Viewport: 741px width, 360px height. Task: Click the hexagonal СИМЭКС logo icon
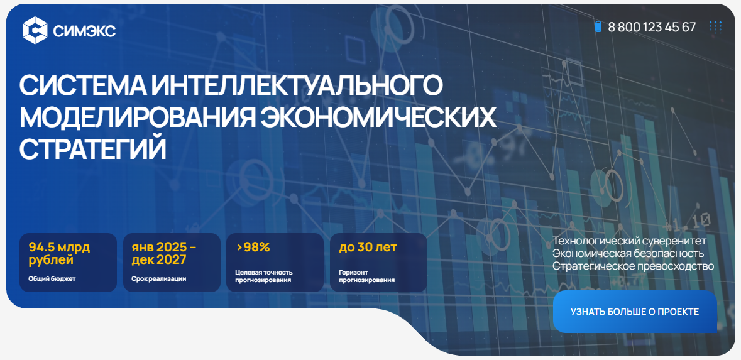[x=35, y=30]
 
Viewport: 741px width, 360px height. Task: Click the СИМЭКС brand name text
[x=85, y=31]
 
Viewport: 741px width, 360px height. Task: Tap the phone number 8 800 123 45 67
[x=652, y=27]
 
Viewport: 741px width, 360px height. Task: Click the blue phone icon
[x=598, y=27]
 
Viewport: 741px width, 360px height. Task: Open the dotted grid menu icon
[x=715, y=26]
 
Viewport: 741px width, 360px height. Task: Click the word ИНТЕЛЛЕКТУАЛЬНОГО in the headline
[x=297, y=85]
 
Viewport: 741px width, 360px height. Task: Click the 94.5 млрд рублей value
[x=59, y=253]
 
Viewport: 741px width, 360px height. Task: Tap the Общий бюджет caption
[x=52, y=279]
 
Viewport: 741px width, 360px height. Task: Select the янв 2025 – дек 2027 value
[x=163, y=253]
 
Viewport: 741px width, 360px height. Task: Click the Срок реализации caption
[x=159, y=279]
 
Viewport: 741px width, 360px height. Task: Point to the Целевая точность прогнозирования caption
[x=264, y=276]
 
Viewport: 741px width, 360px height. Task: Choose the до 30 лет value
[x=368, y=247]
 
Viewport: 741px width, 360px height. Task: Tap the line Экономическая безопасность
[x=628, y=254]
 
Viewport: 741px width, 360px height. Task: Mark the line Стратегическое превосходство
[x=634, y=266]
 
